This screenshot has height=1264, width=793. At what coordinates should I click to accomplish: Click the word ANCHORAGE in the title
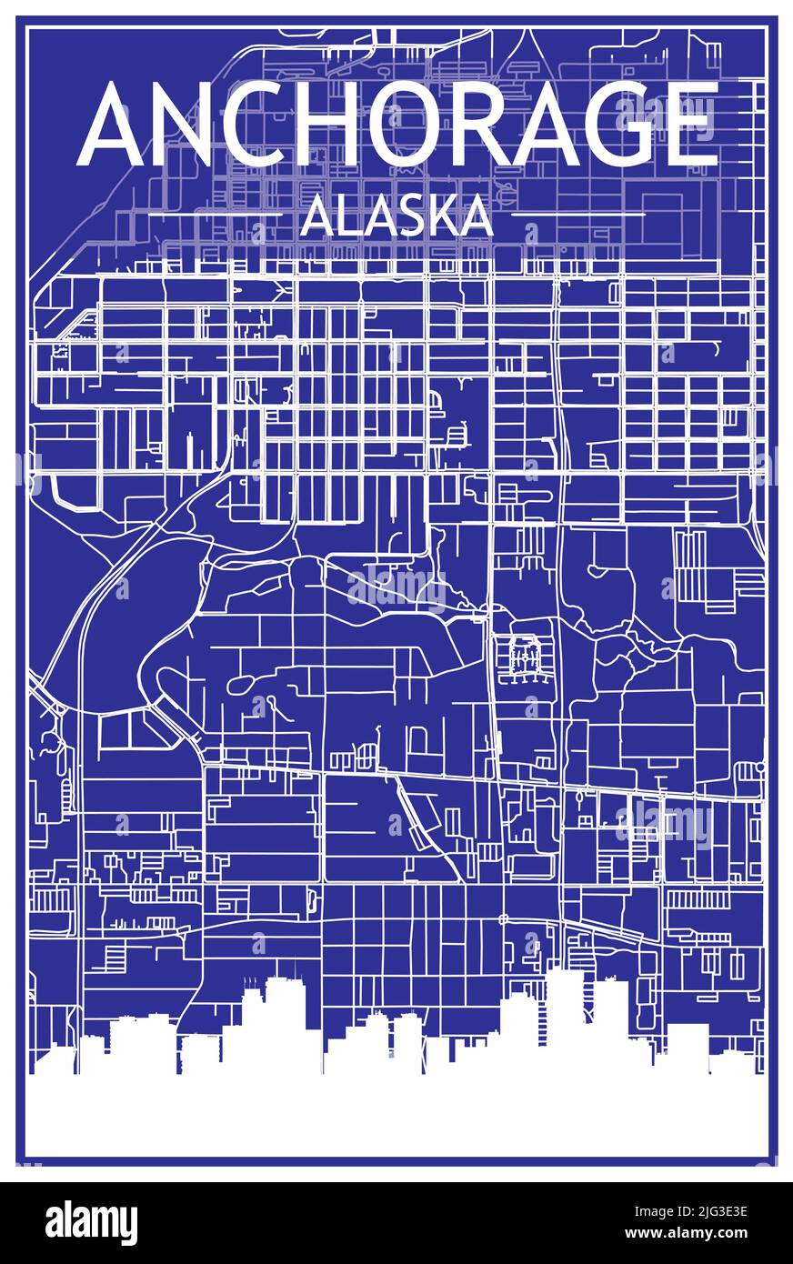(398, 125)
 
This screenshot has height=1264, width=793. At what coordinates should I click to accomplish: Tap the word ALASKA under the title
(396, 216)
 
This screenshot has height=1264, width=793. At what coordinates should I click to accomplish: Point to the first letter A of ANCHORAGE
(115, 125)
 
